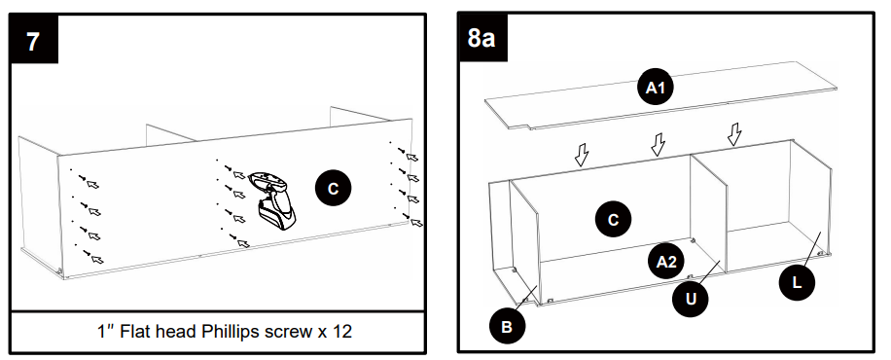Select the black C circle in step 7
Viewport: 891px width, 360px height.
(333, 188)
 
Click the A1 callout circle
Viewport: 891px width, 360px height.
(657, 89)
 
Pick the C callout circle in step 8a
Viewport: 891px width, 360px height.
(613, 220)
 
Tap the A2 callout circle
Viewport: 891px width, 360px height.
(666, 261)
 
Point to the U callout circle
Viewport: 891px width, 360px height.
(691, 299)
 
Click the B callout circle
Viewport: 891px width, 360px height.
(507, 327)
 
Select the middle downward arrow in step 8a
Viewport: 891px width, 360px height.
(659, 145)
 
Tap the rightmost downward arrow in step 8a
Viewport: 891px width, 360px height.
(735, 133)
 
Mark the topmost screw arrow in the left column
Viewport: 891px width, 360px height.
(92, 183)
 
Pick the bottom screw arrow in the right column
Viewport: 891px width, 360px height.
(417, 222)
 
